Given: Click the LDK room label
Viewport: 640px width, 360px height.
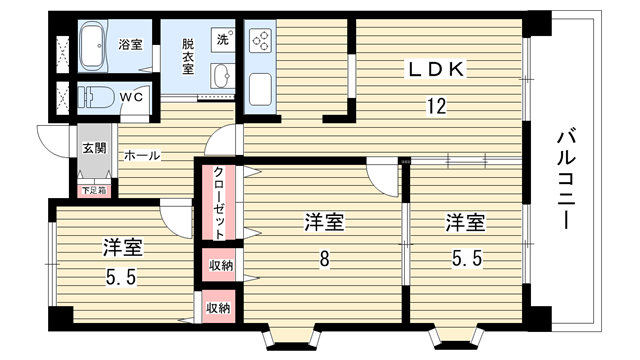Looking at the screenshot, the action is point(436,69).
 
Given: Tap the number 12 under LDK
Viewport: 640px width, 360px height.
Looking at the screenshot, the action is point(437,107).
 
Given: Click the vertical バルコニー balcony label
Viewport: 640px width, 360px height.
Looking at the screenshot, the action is point(566,179).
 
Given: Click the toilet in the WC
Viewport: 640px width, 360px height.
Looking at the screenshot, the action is point(96,98).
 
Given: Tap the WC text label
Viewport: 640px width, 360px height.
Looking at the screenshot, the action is point(131,97).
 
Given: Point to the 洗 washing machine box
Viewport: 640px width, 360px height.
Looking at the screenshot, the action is point(223,39).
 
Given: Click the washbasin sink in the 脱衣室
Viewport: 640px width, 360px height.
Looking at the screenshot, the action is point(222,75).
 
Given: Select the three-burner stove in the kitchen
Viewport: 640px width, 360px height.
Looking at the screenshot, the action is point(260,39).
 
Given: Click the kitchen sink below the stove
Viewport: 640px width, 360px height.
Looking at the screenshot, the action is point(260,89).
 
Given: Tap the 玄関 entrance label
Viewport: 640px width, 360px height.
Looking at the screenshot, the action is point(95,148).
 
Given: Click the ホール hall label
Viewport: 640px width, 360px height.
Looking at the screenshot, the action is point(142,156).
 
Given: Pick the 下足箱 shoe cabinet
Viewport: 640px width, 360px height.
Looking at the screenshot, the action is point(94,190).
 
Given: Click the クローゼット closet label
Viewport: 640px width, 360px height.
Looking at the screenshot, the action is point(219,203).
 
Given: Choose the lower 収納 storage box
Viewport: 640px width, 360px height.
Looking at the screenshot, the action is point(219,307).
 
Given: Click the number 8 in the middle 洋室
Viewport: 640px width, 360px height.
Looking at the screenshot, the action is point(324,259).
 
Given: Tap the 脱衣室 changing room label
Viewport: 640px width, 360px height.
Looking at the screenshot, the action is point(188,56).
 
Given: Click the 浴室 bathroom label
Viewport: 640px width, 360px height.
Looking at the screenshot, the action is point(130,44).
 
